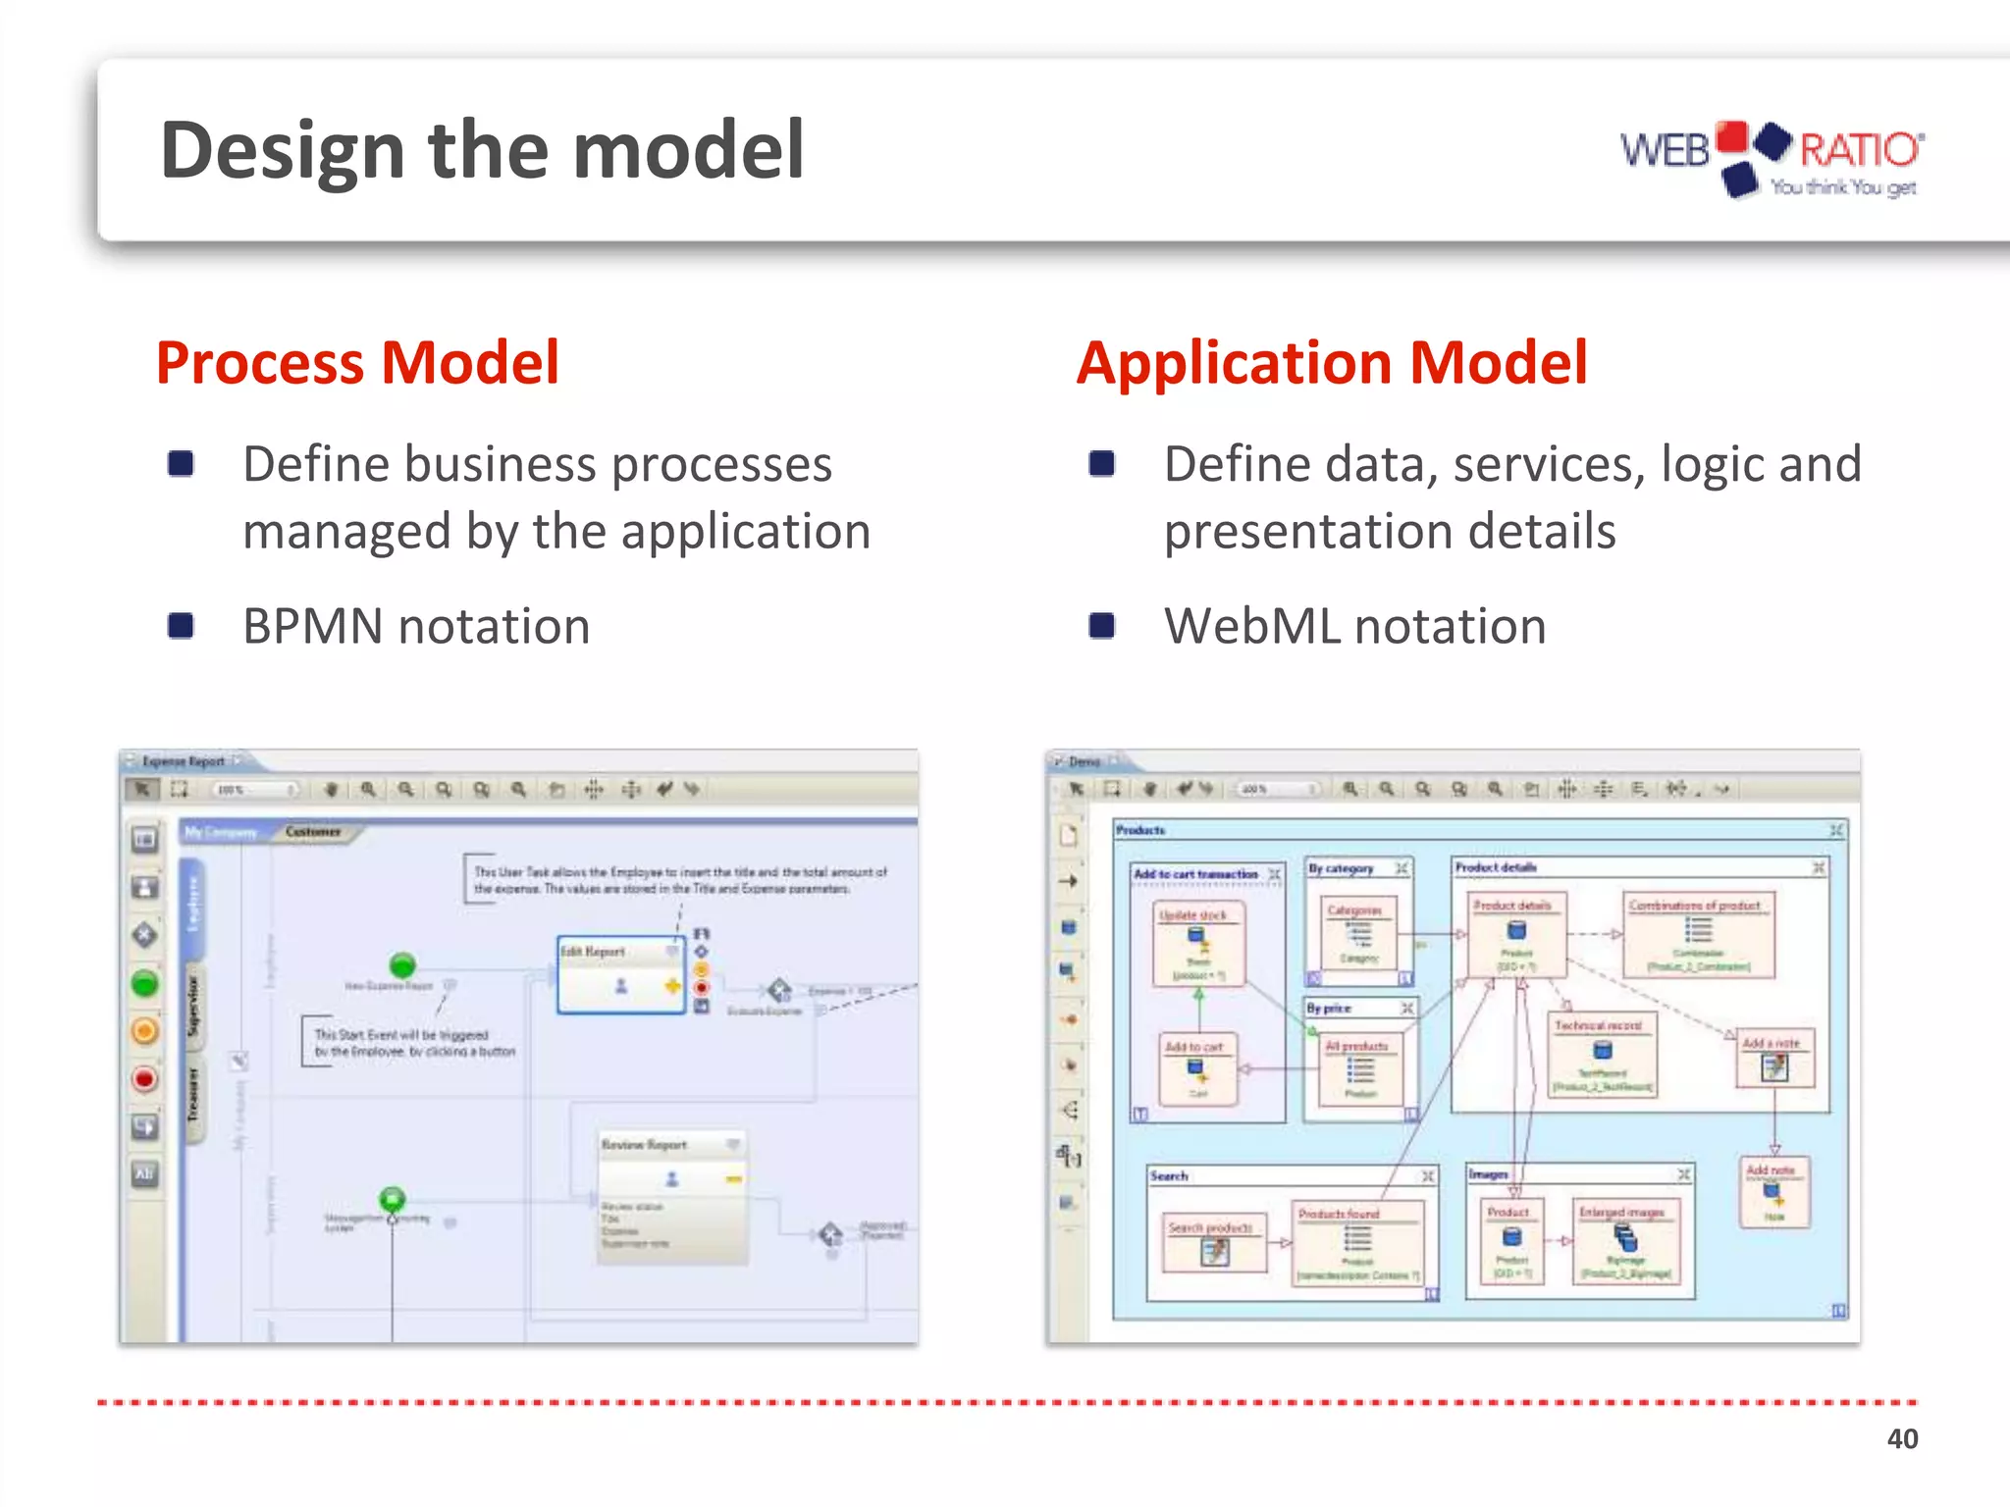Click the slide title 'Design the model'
tap(482, 150)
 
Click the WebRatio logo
tap(1772, 158)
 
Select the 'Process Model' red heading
tap(357, 362)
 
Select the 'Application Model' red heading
tap(1332, 362)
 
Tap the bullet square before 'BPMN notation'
tap(181, 625)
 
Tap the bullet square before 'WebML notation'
tap(1102, 625)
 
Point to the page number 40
tap(1901, 1438)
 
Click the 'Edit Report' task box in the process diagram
tap(620, 974)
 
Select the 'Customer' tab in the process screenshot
tap(313, 832)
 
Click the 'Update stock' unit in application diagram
tap(1198, 943)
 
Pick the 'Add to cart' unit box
tap(1197, 1069)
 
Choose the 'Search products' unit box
tap(1214, 1242)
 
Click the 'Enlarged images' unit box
tap(1625, 1241)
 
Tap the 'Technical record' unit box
tap(1602, 1056)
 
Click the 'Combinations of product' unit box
tap(1697, 934)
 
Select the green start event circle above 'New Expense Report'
tap(402, 963)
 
